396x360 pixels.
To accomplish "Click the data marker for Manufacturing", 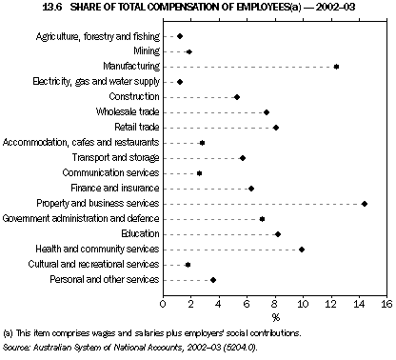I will coord(336,67).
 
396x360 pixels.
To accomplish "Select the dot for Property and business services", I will coord(364,204).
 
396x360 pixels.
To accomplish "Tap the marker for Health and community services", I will coord(302,250).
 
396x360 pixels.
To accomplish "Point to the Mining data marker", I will coord(188,51).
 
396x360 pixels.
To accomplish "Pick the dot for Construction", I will coord(237,97).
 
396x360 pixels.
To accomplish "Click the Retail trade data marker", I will coord(276,128).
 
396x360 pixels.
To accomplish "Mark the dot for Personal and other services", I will coord(213,280).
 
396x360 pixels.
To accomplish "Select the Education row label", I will coord(139,234).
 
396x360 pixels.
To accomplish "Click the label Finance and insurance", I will coord(118,189).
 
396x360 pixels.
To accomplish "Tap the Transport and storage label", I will coord(116,158).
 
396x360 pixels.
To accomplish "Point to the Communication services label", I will coord(110,173).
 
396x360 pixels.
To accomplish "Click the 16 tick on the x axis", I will coord(386,302).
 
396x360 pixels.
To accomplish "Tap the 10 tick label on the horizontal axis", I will coord(302,302).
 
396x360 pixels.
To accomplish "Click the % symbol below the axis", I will coord(275,315).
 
